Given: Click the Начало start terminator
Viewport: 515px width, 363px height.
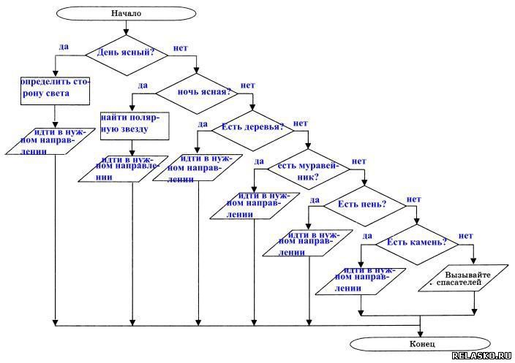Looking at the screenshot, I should click(x=126, y=13).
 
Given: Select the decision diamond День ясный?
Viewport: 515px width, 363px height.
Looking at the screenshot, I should click(x=126, y=53).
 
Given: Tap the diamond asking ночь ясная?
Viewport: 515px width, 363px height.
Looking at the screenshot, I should click(x=195, y=92).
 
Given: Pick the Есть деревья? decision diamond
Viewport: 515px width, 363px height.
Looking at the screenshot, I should click(x=252, y=128).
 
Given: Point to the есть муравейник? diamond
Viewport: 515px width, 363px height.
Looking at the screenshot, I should click(x=308, y=170).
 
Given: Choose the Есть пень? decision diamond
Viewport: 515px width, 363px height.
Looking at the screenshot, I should click(x=364, y=205).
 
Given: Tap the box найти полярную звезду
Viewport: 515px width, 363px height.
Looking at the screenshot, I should click(x=135, y=124).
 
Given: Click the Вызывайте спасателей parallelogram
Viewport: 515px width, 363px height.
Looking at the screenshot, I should click(x=464, y=278).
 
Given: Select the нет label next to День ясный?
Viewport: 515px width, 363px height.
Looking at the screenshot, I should click(x=180, y=48).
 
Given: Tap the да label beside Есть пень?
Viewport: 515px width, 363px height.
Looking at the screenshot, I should click(x=315, y=199).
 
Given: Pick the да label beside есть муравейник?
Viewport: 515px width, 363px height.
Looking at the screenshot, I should click(x=259, y=161).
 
